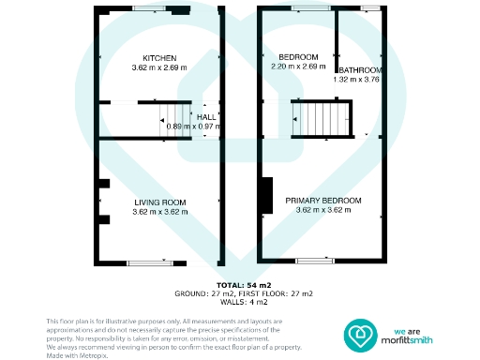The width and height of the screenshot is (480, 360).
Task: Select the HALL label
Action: pos(205,116)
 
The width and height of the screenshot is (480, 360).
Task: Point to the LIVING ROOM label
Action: pos(159,202)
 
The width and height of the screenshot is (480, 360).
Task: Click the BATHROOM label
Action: pos(359,70)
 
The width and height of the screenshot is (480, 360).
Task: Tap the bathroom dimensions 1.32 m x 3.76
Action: pos(357,80)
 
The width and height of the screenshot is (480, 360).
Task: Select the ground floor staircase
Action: pos(178,120)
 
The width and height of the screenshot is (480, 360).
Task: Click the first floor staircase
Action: pos(323,119)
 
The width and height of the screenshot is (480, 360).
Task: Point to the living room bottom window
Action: pos(151,262)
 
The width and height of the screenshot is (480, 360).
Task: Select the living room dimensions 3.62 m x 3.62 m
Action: pos(159,212)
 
